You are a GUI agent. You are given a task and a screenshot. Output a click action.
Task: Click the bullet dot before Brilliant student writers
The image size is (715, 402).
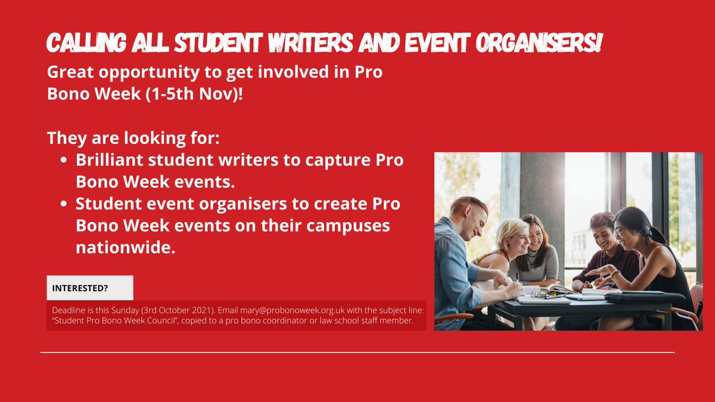tap(64, 161)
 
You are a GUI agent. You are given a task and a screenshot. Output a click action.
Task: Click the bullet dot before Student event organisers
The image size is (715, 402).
tap(64, 204)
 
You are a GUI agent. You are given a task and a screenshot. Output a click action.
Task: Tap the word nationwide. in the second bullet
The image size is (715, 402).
tap(125, 247)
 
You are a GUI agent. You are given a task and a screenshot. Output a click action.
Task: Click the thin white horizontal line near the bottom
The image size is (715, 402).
tap(357, 353)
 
